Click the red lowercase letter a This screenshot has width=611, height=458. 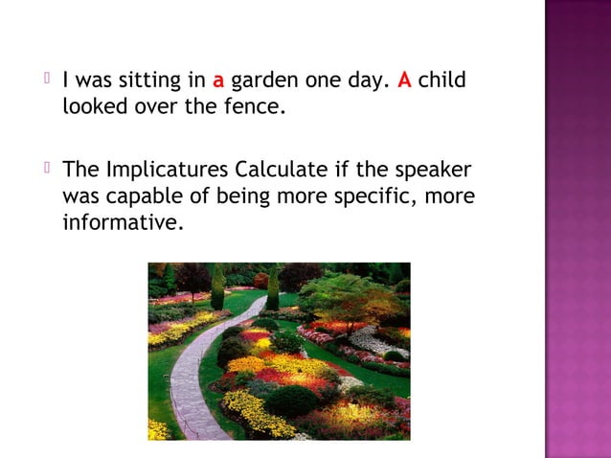point(218,81)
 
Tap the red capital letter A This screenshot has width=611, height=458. point(403,80)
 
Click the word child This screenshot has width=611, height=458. point(442,80)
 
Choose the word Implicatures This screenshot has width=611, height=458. point(168,172)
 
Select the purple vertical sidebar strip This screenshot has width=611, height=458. point(577,229)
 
